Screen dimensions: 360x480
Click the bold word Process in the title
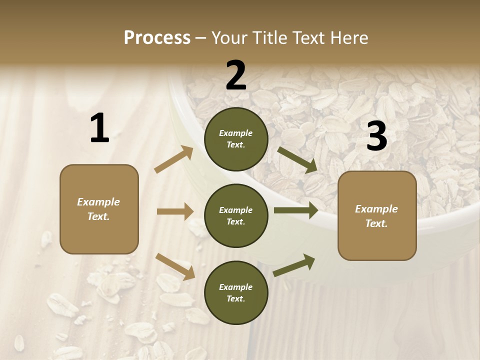pyautogui.click(x=157, y=37)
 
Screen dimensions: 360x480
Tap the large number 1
pyautogui.click(x=99, y=128)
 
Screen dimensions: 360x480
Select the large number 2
pyautogui.click(x=236, y=75)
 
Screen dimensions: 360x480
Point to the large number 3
pyautogui.click(x=376, y=136)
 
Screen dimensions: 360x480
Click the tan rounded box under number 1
pyautogui.click(x=99, y=209)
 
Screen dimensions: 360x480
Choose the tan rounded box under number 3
pyautogui.click(x=377, y=215)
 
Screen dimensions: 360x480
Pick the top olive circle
pyautogui.click(x=236, y=139)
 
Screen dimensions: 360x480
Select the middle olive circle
pyautogui.click(x=236, y=215)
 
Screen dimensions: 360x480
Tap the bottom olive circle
pyautogui.click(x=236, y=292)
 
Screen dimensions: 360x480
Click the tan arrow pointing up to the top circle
pyautogui.click(x=174, y=159)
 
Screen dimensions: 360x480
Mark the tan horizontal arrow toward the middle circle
pyautogui.click(x=175, y=211)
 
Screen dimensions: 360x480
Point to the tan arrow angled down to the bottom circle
pyautogui.click(x=175, y=266)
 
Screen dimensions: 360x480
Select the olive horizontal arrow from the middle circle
pyautogui.click(x=296, y=210)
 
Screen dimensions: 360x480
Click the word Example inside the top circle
pyautogui.click(x=236, y=133)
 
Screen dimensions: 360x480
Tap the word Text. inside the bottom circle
pyautogui.click(x=236, y=298)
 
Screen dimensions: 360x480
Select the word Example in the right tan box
pyautogui.click(x=376, y=209)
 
